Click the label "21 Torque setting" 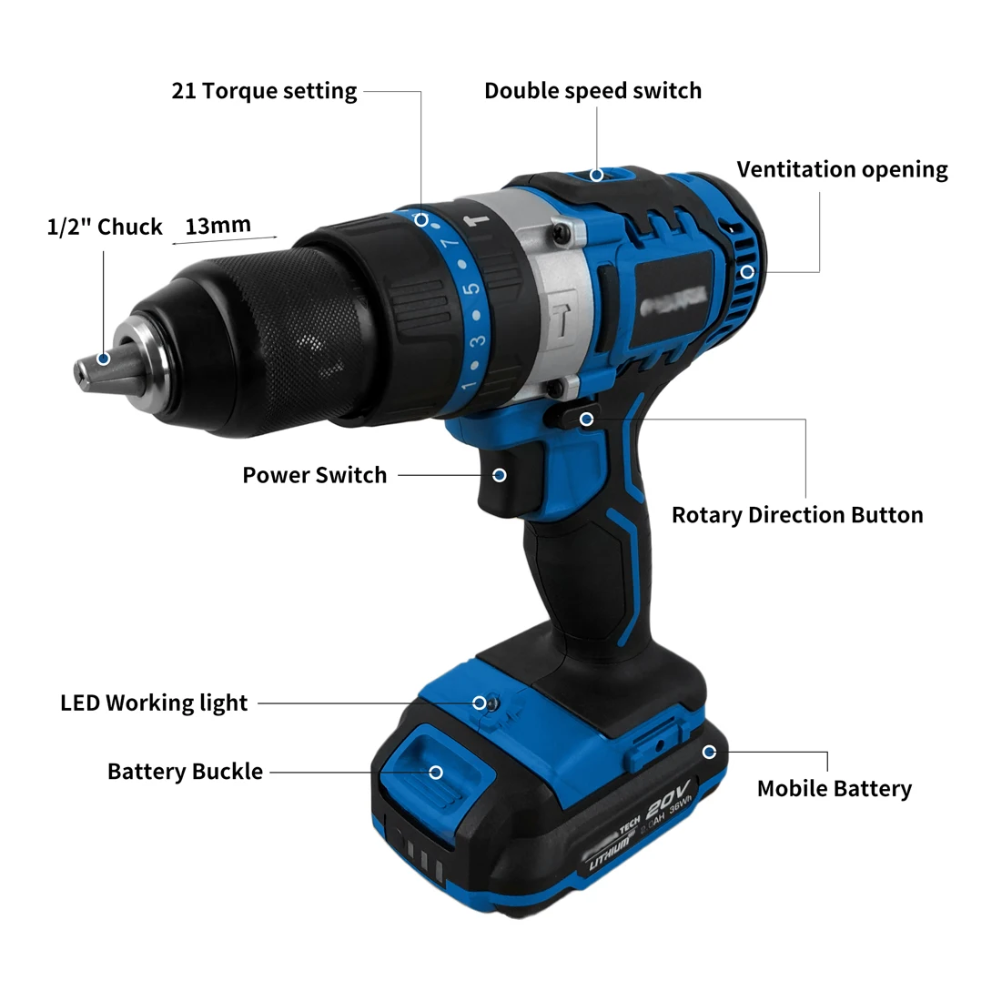pos(264,91)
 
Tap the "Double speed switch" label pos(592,91)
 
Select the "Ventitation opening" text pos(842,169)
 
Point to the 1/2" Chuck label pos(105,227)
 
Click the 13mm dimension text pos(218,226)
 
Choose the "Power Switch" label pos(314,475)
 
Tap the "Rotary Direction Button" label pos(797,515)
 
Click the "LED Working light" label pos(154,703)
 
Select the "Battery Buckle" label pos(185,772)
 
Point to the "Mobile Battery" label pos(834,788)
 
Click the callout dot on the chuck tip pos(104,359)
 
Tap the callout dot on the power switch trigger pos(499,475)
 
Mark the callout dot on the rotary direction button pos(587,419)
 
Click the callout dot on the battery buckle pos(436,772)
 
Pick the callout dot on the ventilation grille pos(746,271)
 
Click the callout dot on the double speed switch pos(597,175)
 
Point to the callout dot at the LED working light pos(479,703)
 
